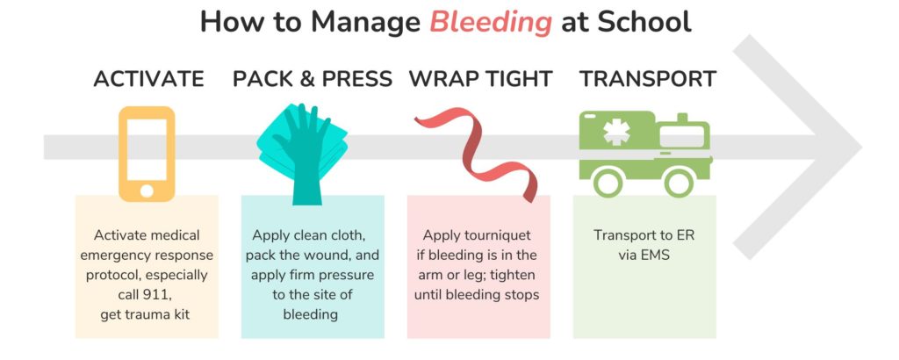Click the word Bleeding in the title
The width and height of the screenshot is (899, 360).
(x=491, y=22)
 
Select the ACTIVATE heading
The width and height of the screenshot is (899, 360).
(x=148, y=79)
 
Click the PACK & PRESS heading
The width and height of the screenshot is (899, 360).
(x=313, y=79)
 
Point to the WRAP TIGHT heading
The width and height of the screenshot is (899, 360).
(x=480, y=79)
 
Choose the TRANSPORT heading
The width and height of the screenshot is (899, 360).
(x=648, y=79)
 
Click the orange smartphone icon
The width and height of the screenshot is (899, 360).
(x=147, y=153)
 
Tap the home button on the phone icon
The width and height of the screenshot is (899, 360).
(x=147, y=190)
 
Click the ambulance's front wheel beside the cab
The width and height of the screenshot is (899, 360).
(x=679, y=182)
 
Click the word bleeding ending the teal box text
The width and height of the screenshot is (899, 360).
(x=311, y=314)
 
